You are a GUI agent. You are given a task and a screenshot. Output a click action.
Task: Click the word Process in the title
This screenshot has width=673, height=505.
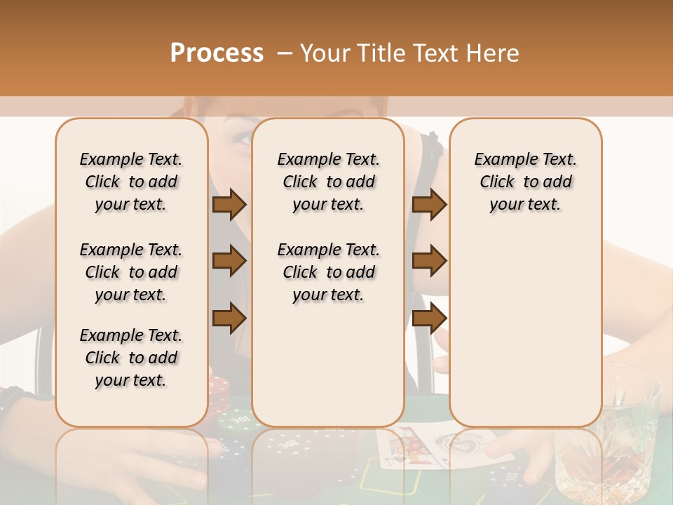[217, 53]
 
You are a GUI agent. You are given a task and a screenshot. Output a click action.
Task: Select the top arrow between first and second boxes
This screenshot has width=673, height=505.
[229, 205]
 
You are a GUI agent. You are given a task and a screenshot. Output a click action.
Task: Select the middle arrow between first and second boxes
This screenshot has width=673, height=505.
[229, 262]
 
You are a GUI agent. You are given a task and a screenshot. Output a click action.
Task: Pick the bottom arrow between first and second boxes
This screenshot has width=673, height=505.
[229, 318]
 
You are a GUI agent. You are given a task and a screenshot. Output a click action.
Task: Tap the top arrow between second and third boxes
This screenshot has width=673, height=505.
[429, 205]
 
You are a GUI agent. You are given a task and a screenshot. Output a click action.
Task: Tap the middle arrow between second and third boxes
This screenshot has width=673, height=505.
[429, 262]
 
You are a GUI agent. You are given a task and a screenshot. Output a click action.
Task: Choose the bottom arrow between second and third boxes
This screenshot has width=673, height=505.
[429, 318]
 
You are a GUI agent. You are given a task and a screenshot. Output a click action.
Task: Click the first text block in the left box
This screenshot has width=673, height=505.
[131, 182]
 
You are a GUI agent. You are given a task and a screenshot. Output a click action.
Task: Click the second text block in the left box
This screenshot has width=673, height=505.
[131, 272]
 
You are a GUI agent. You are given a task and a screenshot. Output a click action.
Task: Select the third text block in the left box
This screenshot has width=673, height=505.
[131, 358]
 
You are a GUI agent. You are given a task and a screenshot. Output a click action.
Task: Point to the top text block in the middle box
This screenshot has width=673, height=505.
[328, 182]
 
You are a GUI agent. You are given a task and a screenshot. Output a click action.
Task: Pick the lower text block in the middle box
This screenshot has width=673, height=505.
[328, 272]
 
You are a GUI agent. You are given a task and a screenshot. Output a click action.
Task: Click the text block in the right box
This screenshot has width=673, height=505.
[525, 182]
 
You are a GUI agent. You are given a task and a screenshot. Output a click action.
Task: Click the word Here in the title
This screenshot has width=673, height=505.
[492, 53]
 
